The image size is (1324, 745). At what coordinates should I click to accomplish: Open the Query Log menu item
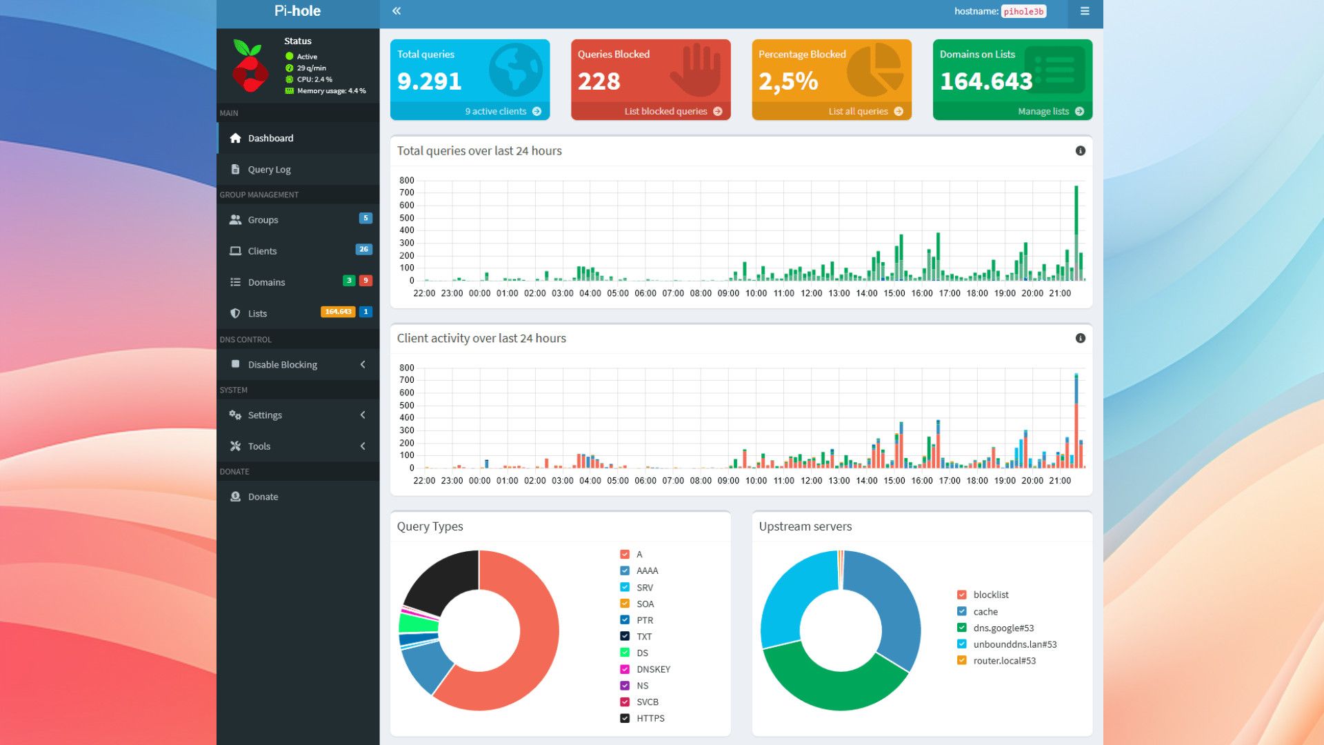(x=269, y=170)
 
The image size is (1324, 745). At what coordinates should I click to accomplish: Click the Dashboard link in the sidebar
(x=270, y=139)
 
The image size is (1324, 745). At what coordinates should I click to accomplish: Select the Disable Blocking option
(x=282, y=365)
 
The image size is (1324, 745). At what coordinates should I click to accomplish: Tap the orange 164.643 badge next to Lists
(x=338, y=312)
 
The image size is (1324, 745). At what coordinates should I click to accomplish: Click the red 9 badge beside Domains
(x=366, y=281)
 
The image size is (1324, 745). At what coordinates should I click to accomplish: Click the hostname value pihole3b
(x=1023, y=12)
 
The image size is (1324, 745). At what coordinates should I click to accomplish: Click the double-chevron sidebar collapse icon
(x=397, y=11)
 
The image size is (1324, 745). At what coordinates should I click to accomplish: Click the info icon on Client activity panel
(x=1081, y=339)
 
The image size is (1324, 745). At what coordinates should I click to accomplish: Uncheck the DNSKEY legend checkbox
(x=625, y=670)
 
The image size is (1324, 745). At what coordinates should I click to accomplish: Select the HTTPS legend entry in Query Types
(x=650, y=719)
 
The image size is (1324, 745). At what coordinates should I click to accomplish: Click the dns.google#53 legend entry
(x=1003, y=628)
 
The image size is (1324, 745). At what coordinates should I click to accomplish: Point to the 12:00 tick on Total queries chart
(x=812, y=294)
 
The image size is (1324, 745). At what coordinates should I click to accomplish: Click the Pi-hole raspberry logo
(x=250, y=66)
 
